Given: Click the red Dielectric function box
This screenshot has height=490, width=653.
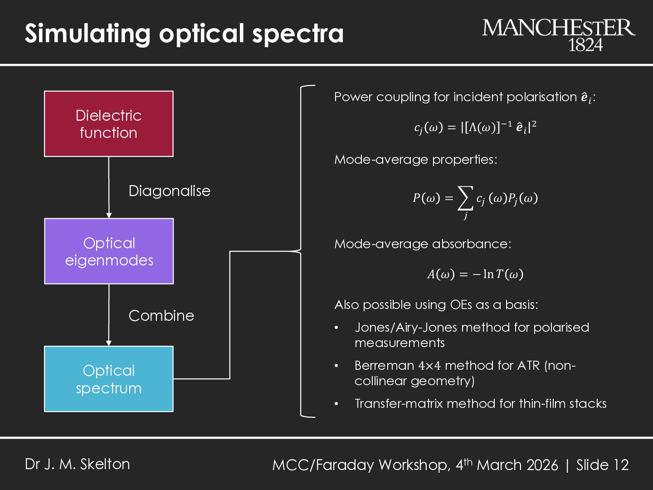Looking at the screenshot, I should [x=109, y=124].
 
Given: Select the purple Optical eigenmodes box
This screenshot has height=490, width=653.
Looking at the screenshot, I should [x=109, y=251].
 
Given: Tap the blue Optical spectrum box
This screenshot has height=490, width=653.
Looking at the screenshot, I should [x=109, y=379].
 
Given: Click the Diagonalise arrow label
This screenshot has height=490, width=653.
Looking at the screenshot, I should [x=169, y=191].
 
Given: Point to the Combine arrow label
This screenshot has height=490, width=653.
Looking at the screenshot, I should [x=161, y=316].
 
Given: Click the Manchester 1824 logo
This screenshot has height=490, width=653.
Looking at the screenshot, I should [x=558, y=34].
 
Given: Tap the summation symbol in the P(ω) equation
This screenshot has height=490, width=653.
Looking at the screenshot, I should [x=465, y=198].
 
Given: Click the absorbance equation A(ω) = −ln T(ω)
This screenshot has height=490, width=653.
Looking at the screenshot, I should [x=475, y=274].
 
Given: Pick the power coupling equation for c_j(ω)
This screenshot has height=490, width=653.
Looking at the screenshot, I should [x=475, y=127].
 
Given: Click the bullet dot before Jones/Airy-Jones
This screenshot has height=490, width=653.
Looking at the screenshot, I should [x=336, y=328].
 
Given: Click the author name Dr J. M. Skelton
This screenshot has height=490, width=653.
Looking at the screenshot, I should [x=78, y=464].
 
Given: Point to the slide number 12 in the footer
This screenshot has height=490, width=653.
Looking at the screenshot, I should [x=621, y=465].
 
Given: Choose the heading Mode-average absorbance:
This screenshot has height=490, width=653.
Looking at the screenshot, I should [x=423, y=244].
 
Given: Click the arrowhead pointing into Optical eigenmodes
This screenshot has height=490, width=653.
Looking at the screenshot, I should [x=109, y=215].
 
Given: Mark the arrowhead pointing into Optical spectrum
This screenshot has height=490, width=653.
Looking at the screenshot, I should [x=109, y=343].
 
